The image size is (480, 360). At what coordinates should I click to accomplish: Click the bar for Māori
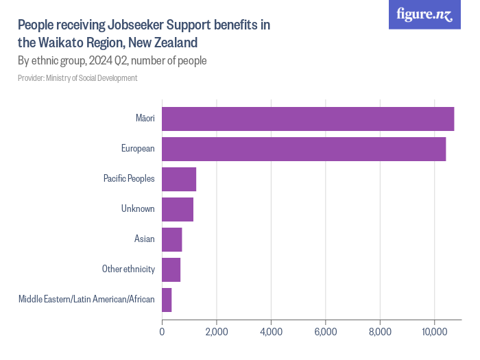point(308,119)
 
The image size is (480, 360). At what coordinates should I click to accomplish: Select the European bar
point(304,149)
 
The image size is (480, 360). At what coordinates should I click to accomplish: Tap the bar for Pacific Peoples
point(179,179)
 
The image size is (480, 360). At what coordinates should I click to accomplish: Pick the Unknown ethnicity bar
point(178,209)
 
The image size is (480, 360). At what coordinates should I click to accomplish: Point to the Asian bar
point(172,239)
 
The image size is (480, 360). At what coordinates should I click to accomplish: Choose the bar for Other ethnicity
point(171,269)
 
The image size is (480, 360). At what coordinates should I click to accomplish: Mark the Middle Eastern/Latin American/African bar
point(167,300)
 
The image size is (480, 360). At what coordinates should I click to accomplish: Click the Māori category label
point(145,119)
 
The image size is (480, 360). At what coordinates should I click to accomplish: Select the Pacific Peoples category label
point(129,179)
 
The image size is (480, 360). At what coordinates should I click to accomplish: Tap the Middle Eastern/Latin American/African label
point(86,300)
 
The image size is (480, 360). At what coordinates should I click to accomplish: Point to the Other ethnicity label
point(128,269)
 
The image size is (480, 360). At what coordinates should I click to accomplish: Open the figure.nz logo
point(424,15)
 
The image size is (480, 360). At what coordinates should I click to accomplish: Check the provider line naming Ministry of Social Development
point(77,78)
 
